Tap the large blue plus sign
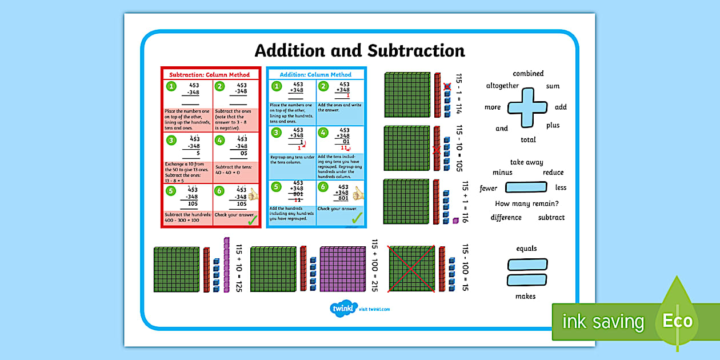pos(528,107)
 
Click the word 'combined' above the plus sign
pos(528,74)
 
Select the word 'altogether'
pos(502,86)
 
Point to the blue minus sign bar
pos(526,187)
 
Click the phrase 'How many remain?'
pos(526,203)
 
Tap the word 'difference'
pos(506,217)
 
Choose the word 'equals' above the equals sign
pos(526,249)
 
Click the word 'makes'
pos(526,296)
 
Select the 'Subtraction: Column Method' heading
pos(210,75)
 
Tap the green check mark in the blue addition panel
pos(357,218)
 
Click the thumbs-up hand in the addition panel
pos(358,194)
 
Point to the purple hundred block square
pos(341,269)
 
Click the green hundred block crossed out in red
pos(411,269)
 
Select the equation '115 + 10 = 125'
pos(239,269)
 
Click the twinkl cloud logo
pos(343,309)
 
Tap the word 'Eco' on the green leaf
pos(677,321)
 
